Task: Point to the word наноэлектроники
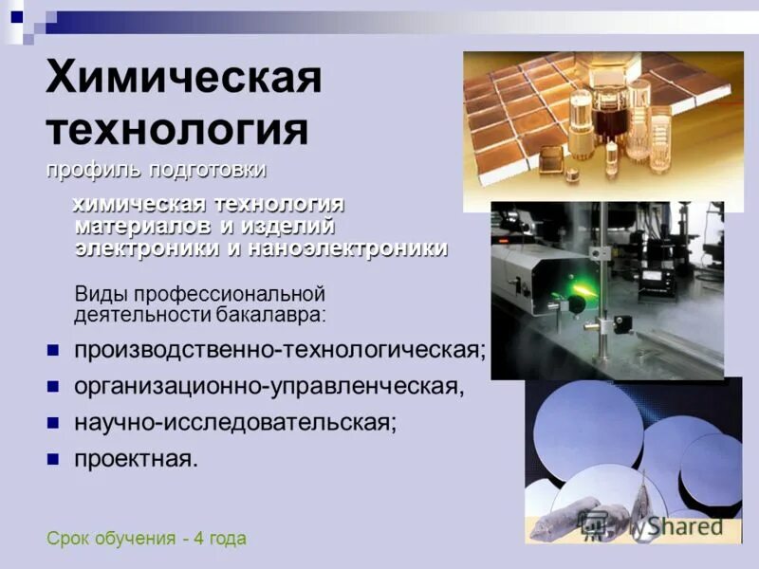pos(348,248)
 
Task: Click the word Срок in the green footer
pos(65,539)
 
